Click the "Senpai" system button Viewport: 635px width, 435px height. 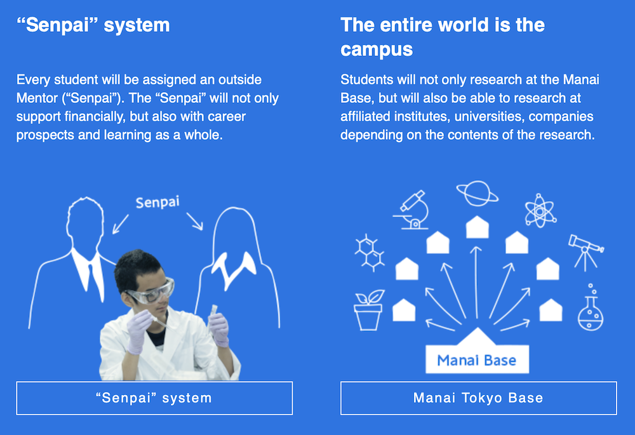(x=154, y=398)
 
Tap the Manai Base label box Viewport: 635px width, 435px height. (x=477, y=359)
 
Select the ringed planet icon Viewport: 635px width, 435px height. (x=478, y=193)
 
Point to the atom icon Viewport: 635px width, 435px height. (x=540, y=211)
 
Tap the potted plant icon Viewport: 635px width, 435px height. (x=368, y=310)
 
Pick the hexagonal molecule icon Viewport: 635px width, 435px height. (x=370, y=252)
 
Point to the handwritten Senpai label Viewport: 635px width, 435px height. (x=157, y=202)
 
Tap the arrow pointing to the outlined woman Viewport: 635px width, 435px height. (x=195, y=221)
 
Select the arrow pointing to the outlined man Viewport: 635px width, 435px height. (x=120, y=224)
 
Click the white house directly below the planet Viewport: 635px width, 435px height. (x=478, y=227)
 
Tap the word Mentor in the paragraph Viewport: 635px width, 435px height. (x=37, y=98)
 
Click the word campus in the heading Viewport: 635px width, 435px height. (x=377, y=50)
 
